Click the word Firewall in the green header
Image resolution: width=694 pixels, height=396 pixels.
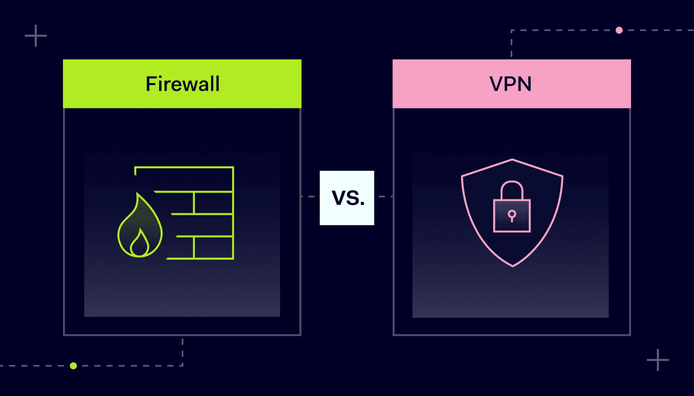tap(182, 84)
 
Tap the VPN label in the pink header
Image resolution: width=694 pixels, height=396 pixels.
tap(511, 84)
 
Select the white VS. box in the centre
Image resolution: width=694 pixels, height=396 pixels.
tap(347, 198)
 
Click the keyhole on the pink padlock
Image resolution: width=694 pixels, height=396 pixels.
tap(512, 214)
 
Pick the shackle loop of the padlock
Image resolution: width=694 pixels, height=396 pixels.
tap(512, 189)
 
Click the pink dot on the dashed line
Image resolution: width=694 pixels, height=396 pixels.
tap(619, 30)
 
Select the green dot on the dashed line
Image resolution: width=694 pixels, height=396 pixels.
tap(73, 366)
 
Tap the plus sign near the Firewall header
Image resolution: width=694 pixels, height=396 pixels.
tap(36, 36)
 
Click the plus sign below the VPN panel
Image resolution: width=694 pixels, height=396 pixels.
tap(658, 360)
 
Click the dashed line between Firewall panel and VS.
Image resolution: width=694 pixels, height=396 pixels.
tap(310, 197)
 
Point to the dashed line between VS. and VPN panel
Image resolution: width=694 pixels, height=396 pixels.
tap(384, 197)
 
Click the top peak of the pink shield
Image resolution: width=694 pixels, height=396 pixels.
tap(512, 160)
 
